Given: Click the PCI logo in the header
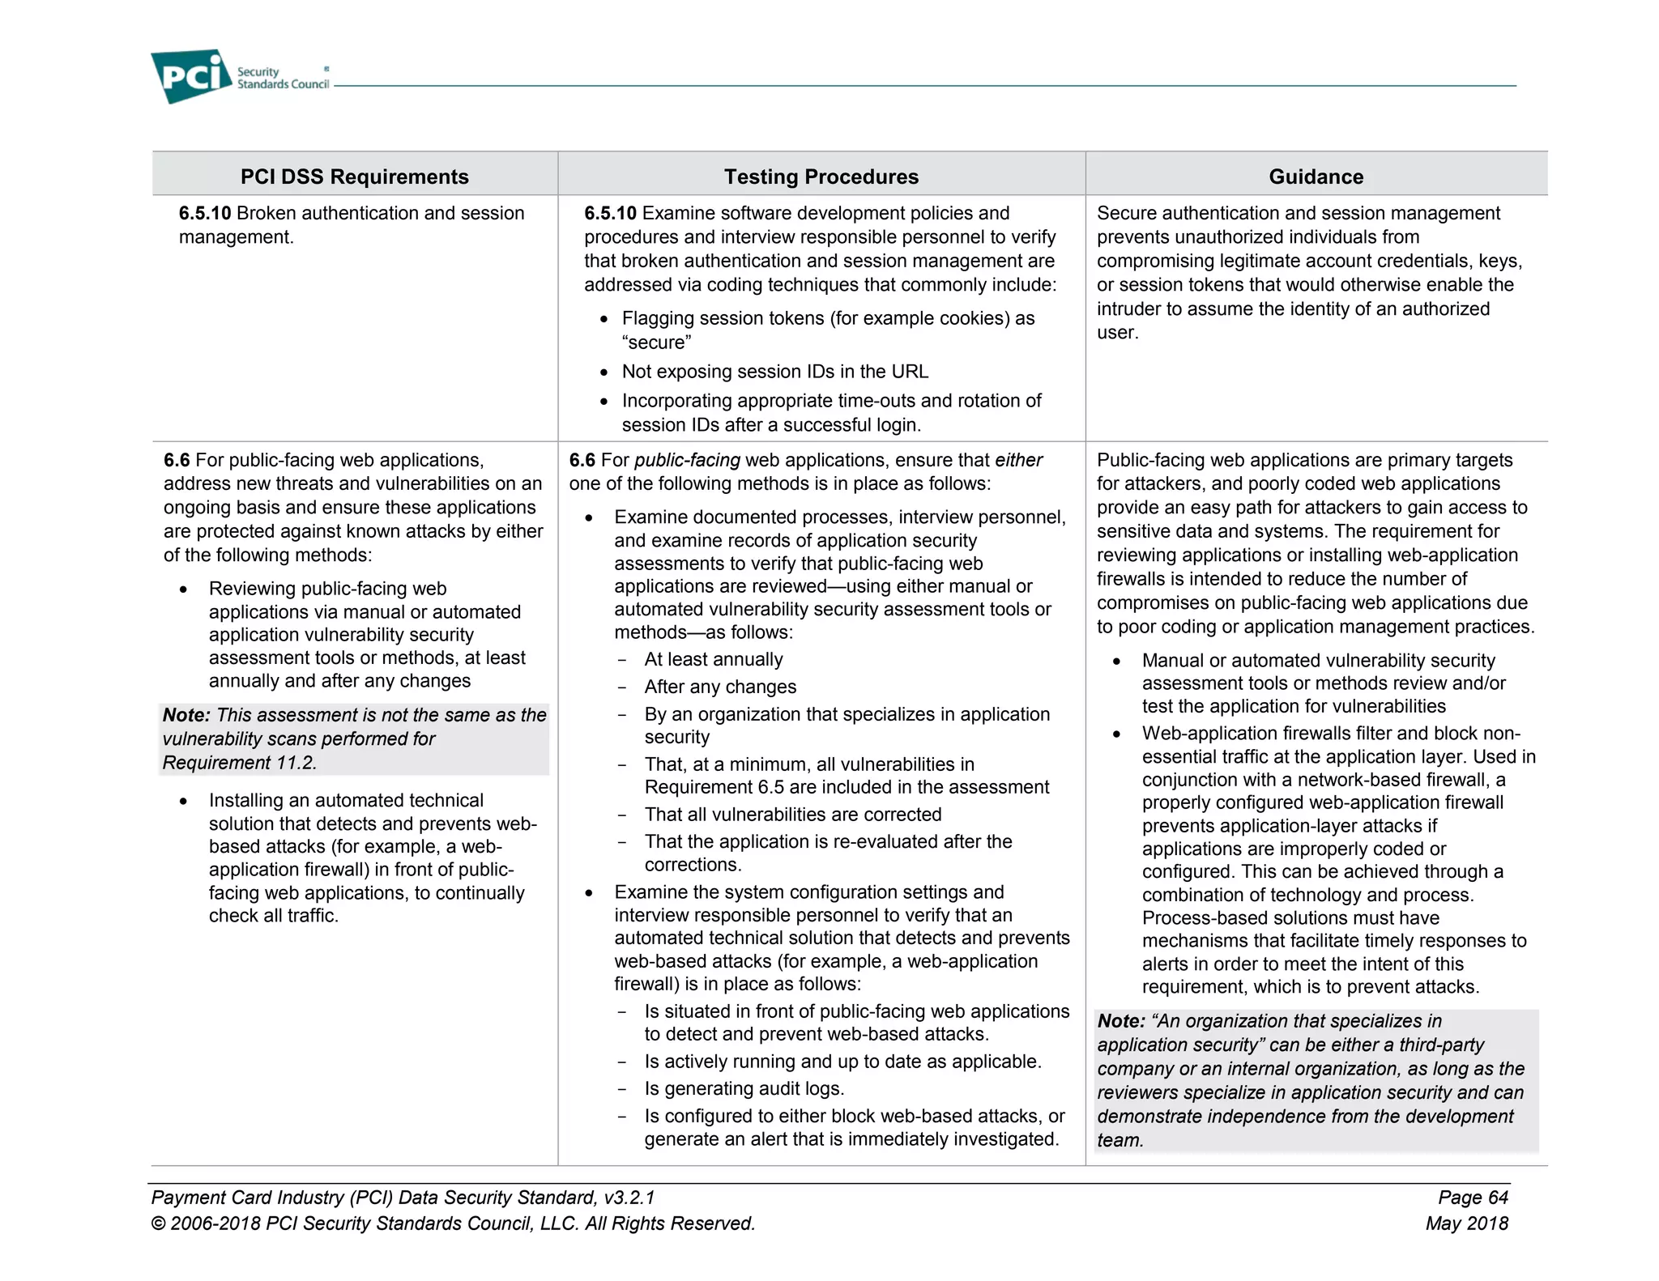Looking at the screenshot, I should click(x=191, y=76).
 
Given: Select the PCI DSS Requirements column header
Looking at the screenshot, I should click(x=354, y=177).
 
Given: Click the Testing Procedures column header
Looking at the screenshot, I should click(x=821, y=177).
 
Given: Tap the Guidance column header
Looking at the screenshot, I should click(x=1316, y=177).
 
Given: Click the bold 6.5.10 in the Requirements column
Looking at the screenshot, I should click(x=205, y=213).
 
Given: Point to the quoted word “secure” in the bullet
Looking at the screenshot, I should click(x=656, y=343).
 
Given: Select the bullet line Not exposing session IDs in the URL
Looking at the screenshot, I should click(x=774, y=372).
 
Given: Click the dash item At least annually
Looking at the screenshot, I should click(x=713, y=659).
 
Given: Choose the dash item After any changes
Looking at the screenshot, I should click(x=720, y=687).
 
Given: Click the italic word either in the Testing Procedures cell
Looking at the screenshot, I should click(x=1018, y=460).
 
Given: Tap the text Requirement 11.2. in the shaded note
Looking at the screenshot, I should click(x=239, y=763).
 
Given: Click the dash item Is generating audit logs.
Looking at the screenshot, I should click(x=744, y=1088).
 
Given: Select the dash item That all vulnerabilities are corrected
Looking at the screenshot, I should click(x=792, y=814).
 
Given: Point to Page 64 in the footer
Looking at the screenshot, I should click(x=1473, y=1197).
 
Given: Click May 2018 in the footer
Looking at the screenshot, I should click(x=1466, y=1223).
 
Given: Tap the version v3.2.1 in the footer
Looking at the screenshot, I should click(x=629, y=1197).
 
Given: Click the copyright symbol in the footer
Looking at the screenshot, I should click(x=158, y=1224).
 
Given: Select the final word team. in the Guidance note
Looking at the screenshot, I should click(x=1120, y=1140).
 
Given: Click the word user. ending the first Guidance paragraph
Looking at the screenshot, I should click(x=1117, y=333).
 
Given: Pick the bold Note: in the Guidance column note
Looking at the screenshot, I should click(x=1121, y=1021).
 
